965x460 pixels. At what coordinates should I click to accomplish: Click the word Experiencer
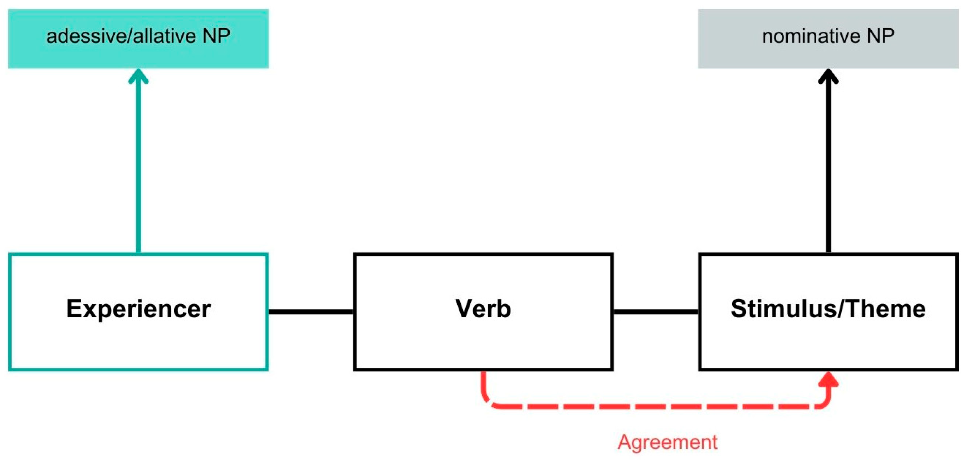tap(138, 309)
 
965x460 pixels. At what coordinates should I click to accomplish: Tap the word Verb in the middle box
tap(483, 309)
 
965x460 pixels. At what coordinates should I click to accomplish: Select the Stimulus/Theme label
tap(828, 309)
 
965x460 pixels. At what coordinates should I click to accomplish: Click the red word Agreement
tap(668, 442)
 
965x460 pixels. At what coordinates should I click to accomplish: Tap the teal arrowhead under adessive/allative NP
tap(138, 76)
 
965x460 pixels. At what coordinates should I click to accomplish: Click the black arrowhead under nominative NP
tap(828, 76)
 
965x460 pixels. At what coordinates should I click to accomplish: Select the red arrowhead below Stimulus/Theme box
tap(828, 379)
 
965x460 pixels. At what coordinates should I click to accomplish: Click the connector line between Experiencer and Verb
tap(311, 312)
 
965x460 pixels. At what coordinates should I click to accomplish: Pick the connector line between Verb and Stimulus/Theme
tap(656, 312)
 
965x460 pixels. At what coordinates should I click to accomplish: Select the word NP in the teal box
tap(216, 36)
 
